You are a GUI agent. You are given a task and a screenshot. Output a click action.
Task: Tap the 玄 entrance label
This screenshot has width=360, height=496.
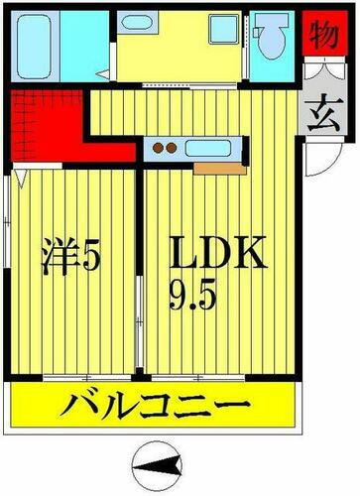(x=317, y=106)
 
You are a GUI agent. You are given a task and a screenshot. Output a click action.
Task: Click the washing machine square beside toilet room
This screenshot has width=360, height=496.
(x=223, y=31)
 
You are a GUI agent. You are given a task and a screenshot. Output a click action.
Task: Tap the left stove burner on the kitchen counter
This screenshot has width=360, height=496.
(x=160, y=151)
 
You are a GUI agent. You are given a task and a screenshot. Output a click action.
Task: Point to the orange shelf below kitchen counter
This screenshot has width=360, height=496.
(x=214, y=168)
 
